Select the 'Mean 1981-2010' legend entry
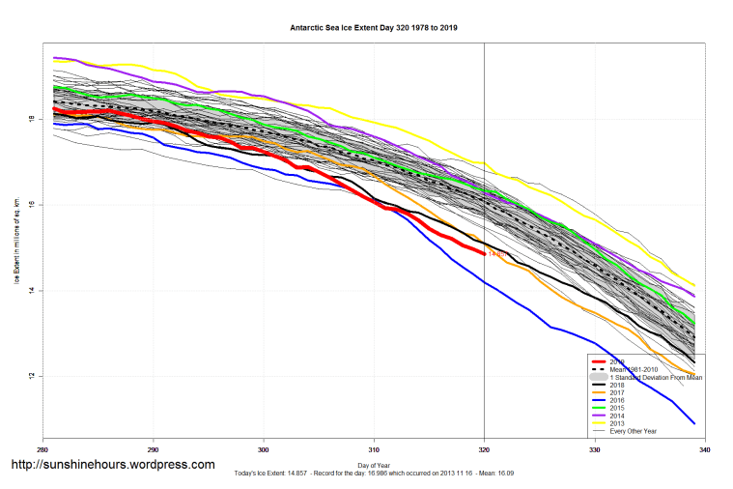click(638, 369)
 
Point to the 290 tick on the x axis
click(153, 451)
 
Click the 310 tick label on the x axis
click(374, 451)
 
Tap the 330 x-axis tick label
click(595, 451)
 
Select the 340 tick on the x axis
click(705, 451)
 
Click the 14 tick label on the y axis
click(32, 290)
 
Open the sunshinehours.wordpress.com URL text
click(112, 465)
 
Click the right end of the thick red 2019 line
click(483, 253)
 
